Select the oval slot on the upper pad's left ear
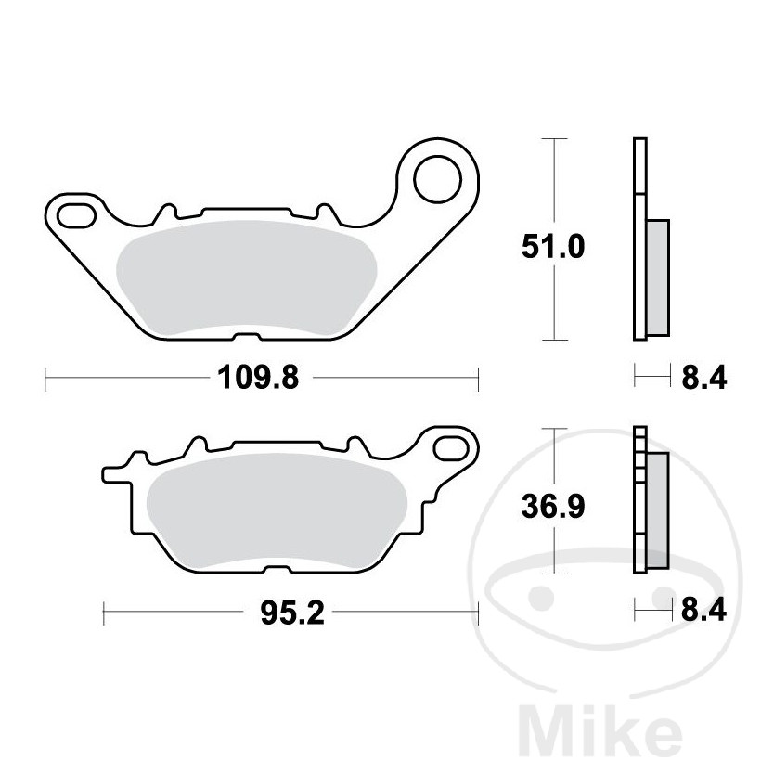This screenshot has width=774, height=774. pyautogui.click(x=76, y=215)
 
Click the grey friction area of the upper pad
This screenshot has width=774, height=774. pyautogui.click(x=246, y=274)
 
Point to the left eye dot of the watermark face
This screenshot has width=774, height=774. pyautogui.click(x=548, y=590)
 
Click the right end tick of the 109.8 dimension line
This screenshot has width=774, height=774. pyautogui.click(x=477, y=378)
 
